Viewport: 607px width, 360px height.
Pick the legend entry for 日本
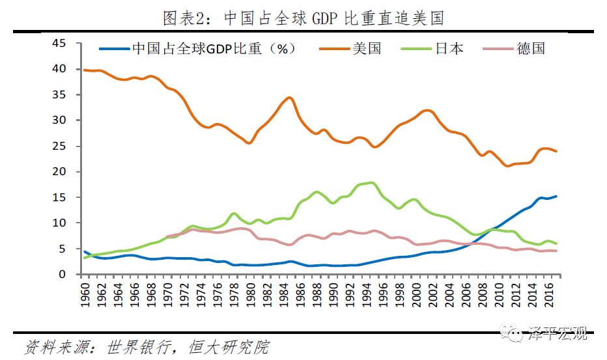(449, 48)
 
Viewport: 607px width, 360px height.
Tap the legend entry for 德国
(531, 48)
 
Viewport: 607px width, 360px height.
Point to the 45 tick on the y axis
(59, 44)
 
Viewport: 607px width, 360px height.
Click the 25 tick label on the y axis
(59, 146)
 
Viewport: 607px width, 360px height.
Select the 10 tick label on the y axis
(59, 223)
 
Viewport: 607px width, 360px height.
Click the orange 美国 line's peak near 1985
(290, 98)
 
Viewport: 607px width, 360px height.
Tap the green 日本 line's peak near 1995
(371, 183)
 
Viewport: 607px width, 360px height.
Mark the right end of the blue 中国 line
(556, 196)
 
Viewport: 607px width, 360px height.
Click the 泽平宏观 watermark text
(559, 335)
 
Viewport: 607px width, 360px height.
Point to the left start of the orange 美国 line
(85, 70)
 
